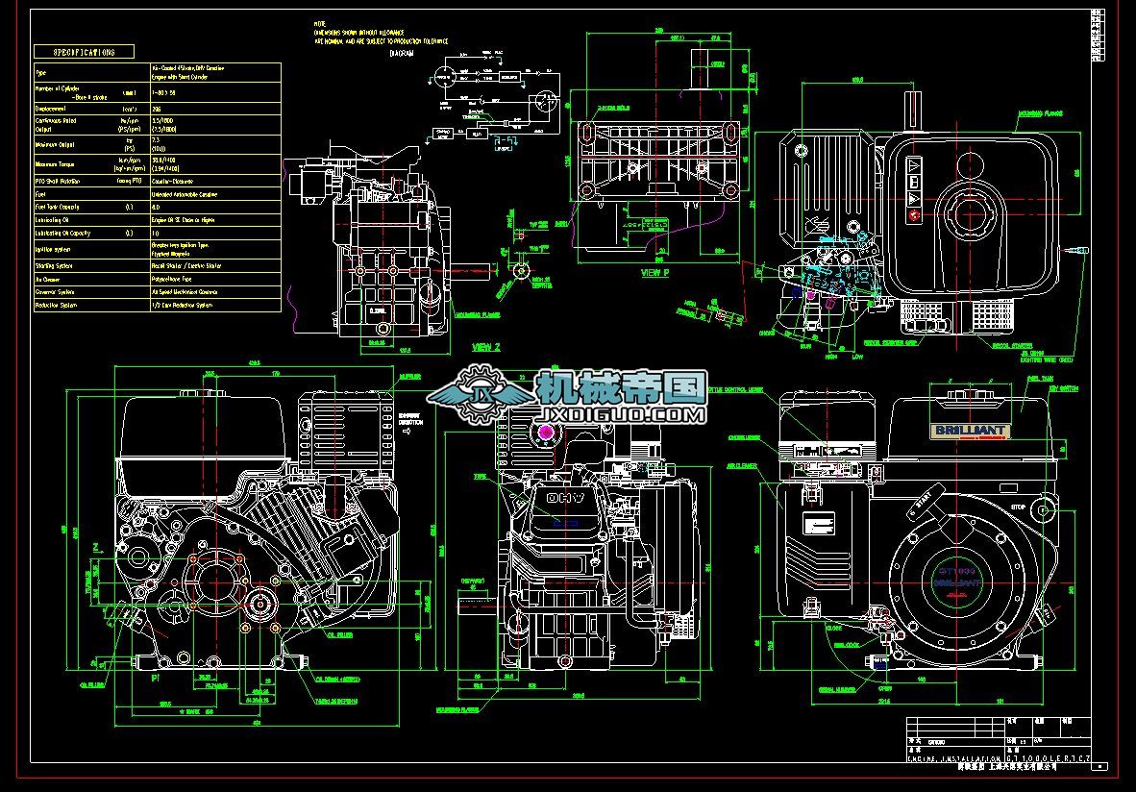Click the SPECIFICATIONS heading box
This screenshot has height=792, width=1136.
click(84, 52)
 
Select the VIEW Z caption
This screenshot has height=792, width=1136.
click(486, 346)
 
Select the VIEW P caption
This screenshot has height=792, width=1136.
click(656, 273)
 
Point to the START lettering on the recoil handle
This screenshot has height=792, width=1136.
click(926, 504)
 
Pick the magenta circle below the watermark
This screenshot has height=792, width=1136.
click(547, 432)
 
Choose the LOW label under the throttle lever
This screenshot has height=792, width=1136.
click(857, 357)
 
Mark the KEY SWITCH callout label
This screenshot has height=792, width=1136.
click(1063, 389)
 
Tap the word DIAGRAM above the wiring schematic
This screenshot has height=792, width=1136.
click(402, 54)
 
